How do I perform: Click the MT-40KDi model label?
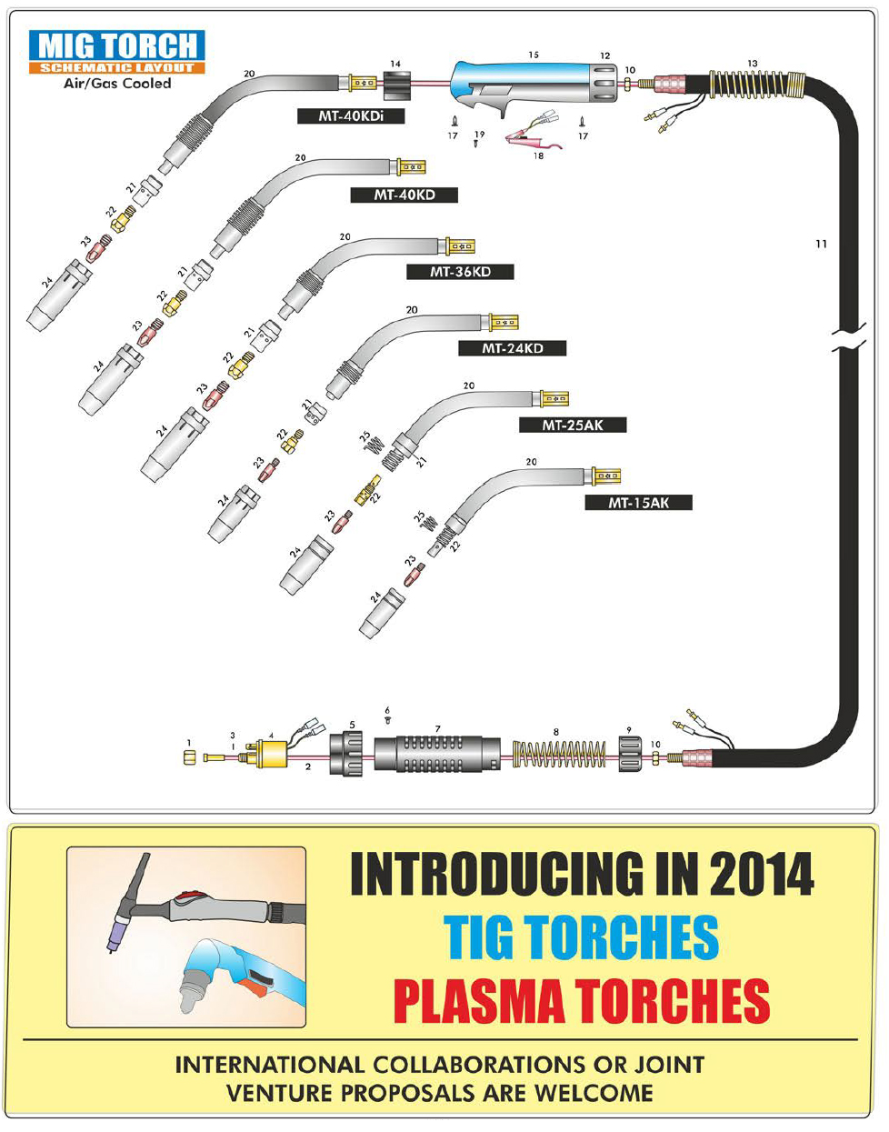pyautogui.click(x=350, y=115)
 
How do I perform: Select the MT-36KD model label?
pyautogui.click(x=460, y=272)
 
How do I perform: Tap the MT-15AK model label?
pyautogui.click(x=639, y=502)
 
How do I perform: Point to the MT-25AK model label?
pyautogui.click(x=573, y=425)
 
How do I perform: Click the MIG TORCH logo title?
pyautogui.click(x=117, y=45)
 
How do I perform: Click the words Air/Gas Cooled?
pyautogui.click(x=116, y=83)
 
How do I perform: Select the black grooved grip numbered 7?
pyautogui.click(x=437, y=755)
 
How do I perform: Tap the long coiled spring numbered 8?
pyautogui.click(x=559, y=755)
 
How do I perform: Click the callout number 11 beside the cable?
pyautogui.click(x=821, y=244)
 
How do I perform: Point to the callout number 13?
pyautogui.click(x=753, y=63)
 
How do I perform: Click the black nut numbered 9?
pyautogui.click(x=630, y=755)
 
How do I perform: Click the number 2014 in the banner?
pyautogui.click(x=761, y=875)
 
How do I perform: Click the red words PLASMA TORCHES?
pyautogui.click(x=581, y=1000)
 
